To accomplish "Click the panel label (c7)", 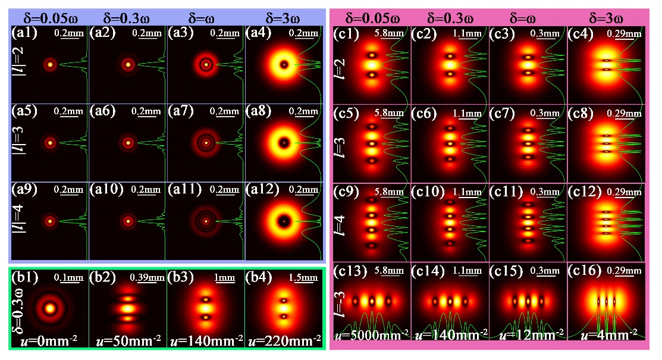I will pos(502,112).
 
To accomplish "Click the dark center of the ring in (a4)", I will pos(284,64).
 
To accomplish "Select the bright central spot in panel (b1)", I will pos(49,309).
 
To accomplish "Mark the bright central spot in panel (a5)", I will pos(50,143).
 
